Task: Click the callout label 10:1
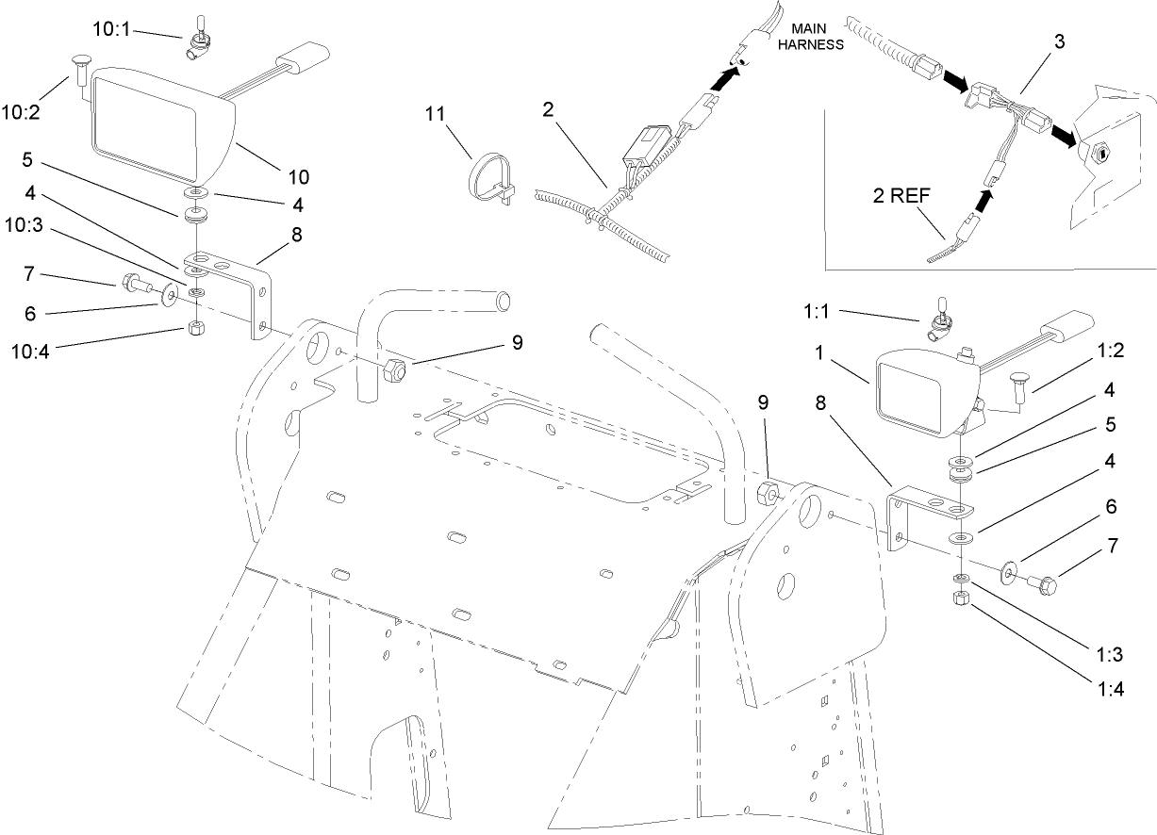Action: point(112,29)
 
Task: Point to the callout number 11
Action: point(434,115)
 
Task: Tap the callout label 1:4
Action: point(1111,688)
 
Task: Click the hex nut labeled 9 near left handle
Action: point(396,370)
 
